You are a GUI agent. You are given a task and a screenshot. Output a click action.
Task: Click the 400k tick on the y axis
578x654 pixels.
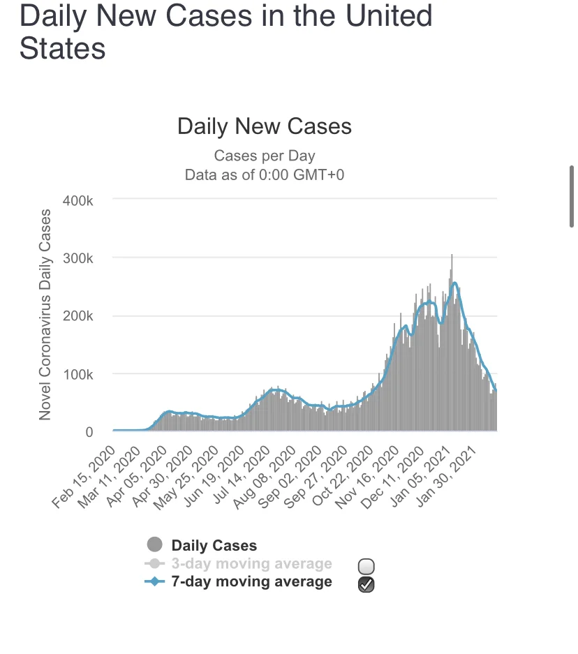(79, 200)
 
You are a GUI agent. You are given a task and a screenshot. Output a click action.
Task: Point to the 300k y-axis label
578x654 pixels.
(79, 258)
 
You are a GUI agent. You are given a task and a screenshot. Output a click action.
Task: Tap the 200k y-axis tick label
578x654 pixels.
(79, 316)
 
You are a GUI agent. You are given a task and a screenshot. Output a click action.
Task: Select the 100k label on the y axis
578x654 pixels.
(79, 374)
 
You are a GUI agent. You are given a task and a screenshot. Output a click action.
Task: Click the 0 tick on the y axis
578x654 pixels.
(89, 432)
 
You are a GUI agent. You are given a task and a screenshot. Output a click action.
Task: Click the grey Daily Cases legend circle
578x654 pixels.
(155, 545)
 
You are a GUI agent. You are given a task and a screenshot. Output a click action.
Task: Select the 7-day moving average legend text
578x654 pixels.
(251, 581)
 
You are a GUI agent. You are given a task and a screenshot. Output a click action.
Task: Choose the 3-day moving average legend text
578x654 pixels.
(251, 563)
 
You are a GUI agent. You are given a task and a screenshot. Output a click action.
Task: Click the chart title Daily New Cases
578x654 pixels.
(265, 126)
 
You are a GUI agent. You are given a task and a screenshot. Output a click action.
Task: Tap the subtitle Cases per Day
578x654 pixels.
(265, 155)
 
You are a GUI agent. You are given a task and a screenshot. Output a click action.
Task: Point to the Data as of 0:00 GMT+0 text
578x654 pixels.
(265, 174)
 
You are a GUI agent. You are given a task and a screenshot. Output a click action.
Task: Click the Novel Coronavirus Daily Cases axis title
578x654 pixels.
(46, 314)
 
